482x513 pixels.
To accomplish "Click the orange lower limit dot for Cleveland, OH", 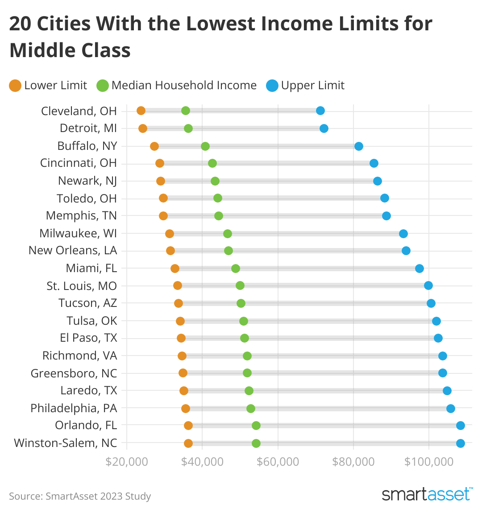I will [141, 111].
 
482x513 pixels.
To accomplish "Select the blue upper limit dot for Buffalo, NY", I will [359, 146].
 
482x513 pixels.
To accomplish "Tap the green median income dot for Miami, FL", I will [236, 269].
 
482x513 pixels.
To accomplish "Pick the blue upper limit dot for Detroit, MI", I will [324, 128].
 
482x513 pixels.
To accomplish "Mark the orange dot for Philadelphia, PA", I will [186, 409].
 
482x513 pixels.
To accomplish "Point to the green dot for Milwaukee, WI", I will [228, 234].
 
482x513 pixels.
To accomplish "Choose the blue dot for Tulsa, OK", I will [436, 321].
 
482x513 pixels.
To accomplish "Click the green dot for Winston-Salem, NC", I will [256, 443].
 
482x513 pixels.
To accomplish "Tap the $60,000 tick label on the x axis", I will [278, 461].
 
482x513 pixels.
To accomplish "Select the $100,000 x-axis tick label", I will [429, 461].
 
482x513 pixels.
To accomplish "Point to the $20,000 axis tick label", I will [127, 461].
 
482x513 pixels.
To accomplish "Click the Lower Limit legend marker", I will [15, 86].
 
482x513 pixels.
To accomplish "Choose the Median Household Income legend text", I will [184, 85].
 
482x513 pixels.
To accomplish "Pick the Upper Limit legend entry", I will [306, 85].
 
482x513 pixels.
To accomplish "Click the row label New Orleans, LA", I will [73, 251].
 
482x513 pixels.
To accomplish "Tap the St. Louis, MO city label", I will [82, 286].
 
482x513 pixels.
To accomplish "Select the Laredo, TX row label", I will [89, 391].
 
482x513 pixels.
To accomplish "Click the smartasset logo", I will [427, 494].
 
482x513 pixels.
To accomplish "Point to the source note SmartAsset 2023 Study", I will [80, 496].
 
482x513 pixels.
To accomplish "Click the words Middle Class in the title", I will [70, 50].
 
